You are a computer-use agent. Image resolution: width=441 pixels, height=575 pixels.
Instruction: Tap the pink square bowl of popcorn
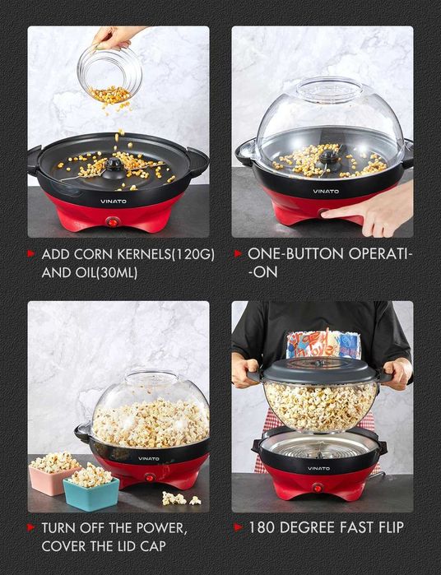[x=54, y=476]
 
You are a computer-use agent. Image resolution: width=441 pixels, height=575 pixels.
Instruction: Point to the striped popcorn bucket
[x=323, y=344]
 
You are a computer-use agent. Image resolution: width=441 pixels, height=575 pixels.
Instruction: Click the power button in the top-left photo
[x=113, y=221]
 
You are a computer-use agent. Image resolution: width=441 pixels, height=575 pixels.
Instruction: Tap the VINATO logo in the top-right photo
[x=326, y=191]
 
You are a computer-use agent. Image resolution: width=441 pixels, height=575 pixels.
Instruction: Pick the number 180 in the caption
[x=262, y=527]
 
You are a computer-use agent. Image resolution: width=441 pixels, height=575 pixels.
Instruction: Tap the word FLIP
[x=386, y=527]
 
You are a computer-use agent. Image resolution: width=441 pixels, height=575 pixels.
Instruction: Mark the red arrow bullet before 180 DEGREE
[x=238, y=527]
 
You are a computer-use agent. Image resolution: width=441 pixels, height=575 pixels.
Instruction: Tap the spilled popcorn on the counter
[x=180, y=498]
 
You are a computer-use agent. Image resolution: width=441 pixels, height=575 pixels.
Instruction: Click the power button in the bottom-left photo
[x=151, y=476]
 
